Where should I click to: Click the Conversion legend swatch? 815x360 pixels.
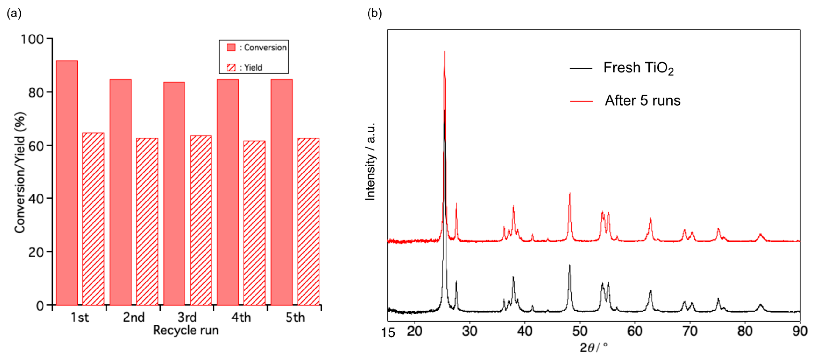point(231,47)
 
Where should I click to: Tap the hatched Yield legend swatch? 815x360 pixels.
point(231,67)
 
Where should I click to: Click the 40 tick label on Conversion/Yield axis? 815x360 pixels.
point(36,199)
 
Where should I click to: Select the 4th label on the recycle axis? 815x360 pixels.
point(241,317)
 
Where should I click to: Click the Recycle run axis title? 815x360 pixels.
point(186,330)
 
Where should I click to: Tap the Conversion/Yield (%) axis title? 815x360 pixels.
point(20,172)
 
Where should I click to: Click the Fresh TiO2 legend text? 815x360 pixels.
point(638,68)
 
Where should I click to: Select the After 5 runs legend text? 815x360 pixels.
point(642,101)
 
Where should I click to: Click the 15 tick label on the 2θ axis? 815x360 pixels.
point(388,332)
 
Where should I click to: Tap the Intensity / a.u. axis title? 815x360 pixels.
point(370,161)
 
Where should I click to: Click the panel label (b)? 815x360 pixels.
point(374,13)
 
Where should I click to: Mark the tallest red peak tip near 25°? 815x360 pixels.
point(445,52)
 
